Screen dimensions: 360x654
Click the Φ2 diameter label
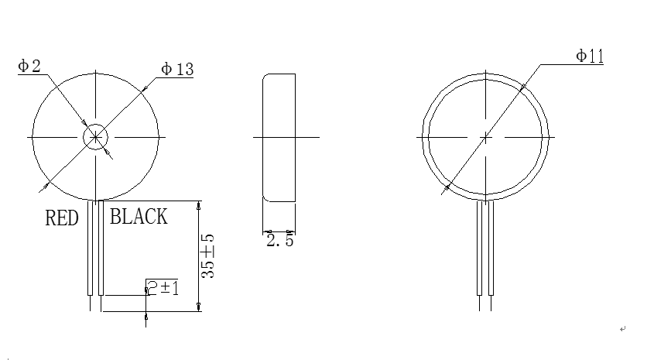pyautogui.click(x=29, y=67)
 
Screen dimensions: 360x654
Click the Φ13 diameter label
pyautogui.click(x=176, y=70)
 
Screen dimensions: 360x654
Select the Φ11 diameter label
pyautogui.click(x=589, y=56)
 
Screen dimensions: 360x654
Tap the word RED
pyautogui.click(x=62, y=219)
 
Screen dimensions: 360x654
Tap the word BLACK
pyautogui.click(x=139, y=217)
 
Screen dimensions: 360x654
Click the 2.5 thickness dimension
pyautogui.click(x=279, y=242)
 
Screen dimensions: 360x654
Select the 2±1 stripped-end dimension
pyautogui.click(x=163, y=288)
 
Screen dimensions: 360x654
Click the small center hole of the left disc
pyautogui.click(x=95, y=137)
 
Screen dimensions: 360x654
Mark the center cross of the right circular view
pyautogui.click(x=485, y=137)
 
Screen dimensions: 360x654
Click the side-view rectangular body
pyautogui.click(x=279, y=137)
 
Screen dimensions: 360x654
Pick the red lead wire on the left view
pyautogui.click(x=91, y=248)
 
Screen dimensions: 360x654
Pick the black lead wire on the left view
pyautogui.click(x=101, y=248)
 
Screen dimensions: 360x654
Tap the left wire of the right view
pyautogui.click(x=481, y=248)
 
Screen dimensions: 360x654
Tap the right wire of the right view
pyautogui.click(x=491, y=248)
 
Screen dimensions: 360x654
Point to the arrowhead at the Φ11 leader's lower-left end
pyautogui.click(x=447, y=186)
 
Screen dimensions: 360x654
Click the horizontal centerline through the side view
pyautogui.click(x=310, y=137)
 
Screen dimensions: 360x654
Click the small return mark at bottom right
pyautogui.click(x=622, y=329)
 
